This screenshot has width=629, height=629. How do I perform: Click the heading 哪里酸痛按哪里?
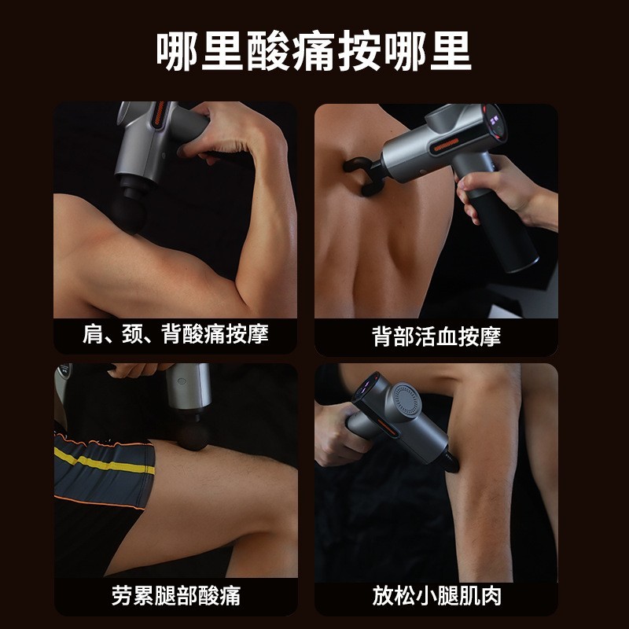coord(314,52)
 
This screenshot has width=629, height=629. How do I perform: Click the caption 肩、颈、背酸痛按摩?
coord(175,334)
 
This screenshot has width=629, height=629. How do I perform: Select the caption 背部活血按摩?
coord(436,337)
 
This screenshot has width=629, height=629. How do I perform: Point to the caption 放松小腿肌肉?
coord(436,595)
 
